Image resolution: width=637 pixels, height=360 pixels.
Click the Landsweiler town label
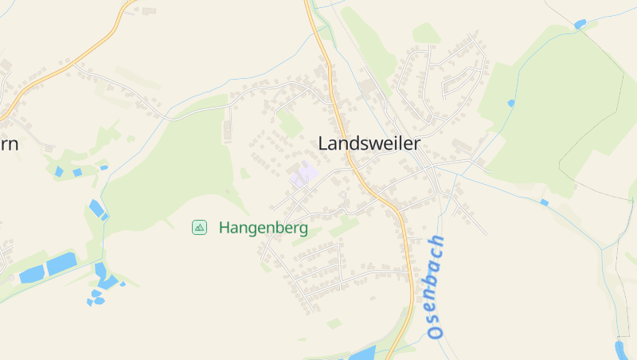(x=369, y=143)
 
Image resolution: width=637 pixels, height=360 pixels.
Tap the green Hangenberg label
(x=263, y=228)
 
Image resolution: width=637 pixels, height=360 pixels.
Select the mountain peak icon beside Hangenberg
(x=199, y=228)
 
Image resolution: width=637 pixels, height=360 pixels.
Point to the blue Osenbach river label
(x=434, y=288)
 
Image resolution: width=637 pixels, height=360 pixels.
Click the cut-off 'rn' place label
(x=10, y=143)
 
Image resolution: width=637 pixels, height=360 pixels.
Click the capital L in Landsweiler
(x=323, y=143)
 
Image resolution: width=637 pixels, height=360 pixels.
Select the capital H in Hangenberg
(x=224, y=228)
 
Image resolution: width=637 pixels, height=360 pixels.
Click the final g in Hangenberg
(x=303, y=229)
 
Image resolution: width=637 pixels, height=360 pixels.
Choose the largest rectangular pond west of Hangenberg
(x=61, y=264)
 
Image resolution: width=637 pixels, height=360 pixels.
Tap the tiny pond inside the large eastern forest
(x=510, y=103)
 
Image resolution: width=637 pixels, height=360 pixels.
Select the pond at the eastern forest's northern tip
(x=580, y=25)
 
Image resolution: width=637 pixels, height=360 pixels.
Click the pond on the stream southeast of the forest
(x=544, y=202)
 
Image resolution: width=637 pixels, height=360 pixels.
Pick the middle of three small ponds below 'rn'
(x=77, y=172)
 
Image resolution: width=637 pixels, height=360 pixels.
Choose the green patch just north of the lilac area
(x=290, y=123)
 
